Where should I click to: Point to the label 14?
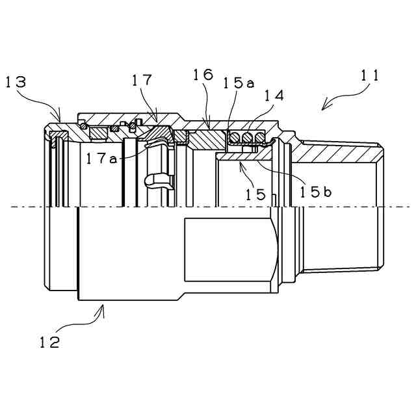pos(274,96)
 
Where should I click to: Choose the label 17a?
pos(101,157)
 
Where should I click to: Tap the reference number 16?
pos(202,75)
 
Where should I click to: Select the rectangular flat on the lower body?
pos(227,250)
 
